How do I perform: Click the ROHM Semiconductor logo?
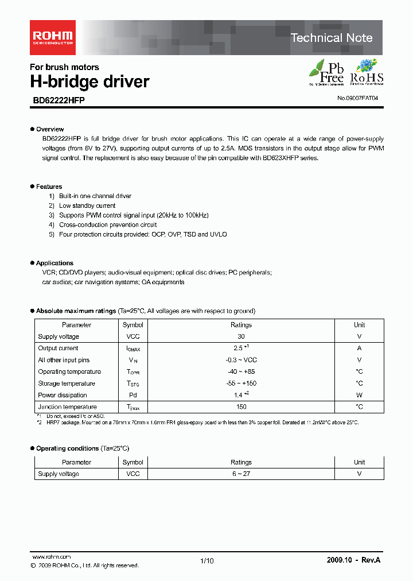coord(52,37)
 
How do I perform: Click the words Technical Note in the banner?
coord(332,38)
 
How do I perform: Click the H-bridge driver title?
coord(89,82)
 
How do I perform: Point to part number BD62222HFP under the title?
coord(59,99)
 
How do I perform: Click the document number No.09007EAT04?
coord(357,99)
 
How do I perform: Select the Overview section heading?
coord(49,129)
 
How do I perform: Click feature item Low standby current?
coord(87,206)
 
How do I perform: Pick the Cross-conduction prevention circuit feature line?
coord(108,225)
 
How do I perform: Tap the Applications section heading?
coord(54,263)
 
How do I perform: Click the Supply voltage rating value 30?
coord(241,336)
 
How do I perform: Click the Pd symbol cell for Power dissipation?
coord(133,395)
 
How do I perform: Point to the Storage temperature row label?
coord(67,384)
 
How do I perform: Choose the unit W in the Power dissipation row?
coord(359,395)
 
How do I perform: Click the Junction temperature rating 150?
coord(241,407)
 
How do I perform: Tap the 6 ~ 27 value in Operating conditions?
coord(241,474)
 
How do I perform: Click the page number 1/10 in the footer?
coord(206,561)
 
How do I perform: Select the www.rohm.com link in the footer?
coord(52,557)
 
